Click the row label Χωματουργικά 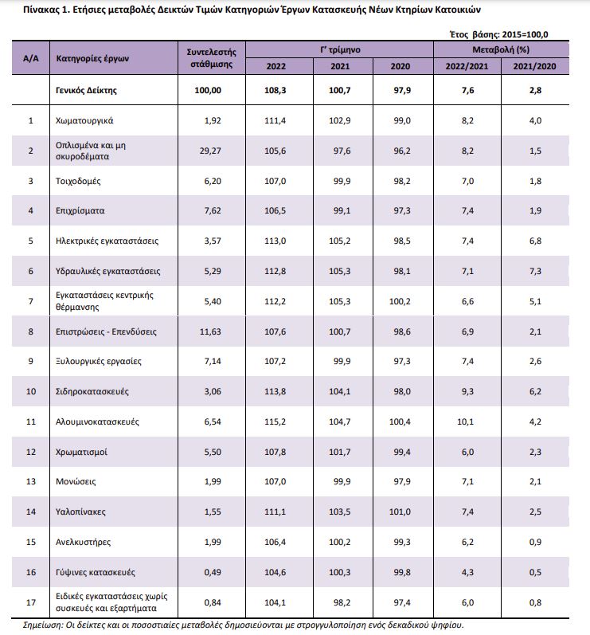[x=84, y=120]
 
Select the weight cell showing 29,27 [x=210, y=151]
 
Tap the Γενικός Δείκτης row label [x=86, y=90]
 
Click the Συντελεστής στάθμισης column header [x=212, y=58]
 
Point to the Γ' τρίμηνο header [x=340, y=50]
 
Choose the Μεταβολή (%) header [x=501, y=50]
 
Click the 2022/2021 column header [x=467, y=66]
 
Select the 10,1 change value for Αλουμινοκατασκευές [x=465, y=421]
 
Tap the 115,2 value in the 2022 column [x=275, y=421]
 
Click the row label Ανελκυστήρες [x=83, y=542]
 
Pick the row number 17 [x=31, y=602]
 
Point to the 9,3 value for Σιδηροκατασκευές [x=468, y=391]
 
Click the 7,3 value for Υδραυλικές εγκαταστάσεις [x=535, y=271]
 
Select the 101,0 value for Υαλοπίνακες [x=400, y=512]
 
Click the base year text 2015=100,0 [x=525, y=34]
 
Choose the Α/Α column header [x=31, y=58]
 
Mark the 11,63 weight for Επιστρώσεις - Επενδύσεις [x=210, y=331]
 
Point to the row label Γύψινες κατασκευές [x=95, y=572]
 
